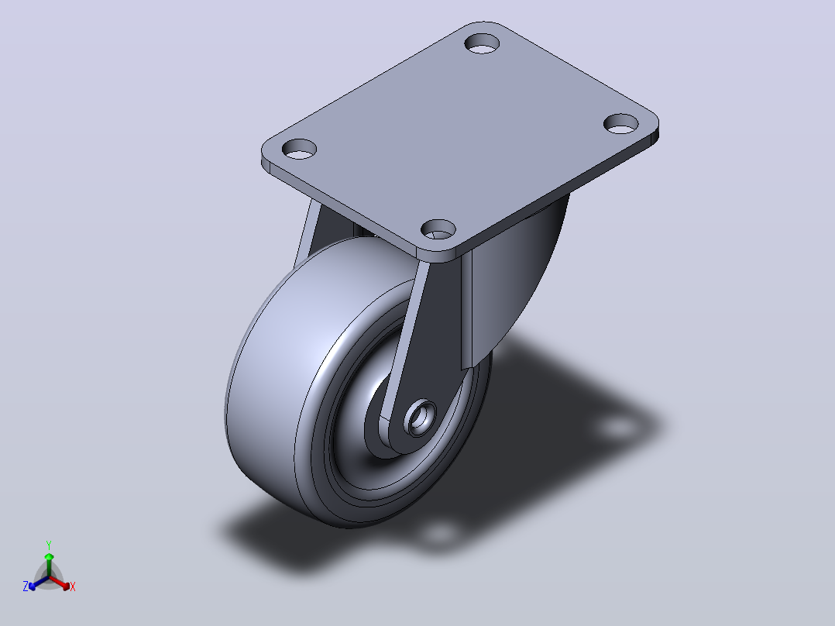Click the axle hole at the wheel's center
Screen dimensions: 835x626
coord(419,416)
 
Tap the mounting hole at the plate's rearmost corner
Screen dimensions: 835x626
coord(482,43)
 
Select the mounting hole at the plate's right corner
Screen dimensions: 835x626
coord(621,124)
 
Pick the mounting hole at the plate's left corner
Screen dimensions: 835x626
coord(299,150)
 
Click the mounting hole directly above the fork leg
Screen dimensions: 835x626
coord(438,229)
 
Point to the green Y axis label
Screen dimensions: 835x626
coord(49,545)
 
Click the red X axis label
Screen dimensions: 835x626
coord(73,586)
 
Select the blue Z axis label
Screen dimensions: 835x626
coord(26,586)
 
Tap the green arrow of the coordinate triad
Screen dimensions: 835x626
coord(49,564)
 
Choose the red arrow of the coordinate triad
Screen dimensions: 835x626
coord(60,582)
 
